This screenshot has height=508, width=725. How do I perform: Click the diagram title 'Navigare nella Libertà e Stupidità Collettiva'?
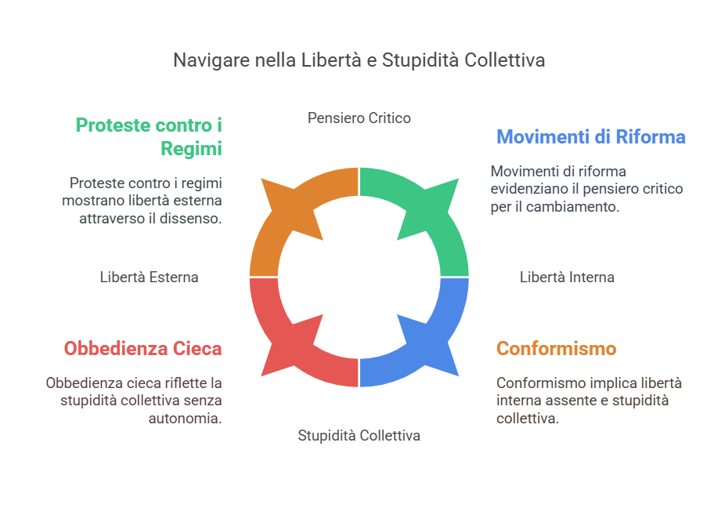359,60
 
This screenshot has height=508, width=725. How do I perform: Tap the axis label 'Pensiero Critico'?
359,118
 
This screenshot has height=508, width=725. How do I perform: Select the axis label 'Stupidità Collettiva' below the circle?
359,435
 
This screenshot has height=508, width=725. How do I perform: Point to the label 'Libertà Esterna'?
149,277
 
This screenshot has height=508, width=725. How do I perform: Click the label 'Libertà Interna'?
567,277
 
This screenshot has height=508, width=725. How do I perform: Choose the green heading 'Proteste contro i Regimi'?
149,136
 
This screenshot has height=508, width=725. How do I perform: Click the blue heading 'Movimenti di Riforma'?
591,137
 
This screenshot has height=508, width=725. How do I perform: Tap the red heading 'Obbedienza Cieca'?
142,348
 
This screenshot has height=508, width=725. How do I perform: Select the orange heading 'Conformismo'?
557,348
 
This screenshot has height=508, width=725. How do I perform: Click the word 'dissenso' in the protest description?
196,219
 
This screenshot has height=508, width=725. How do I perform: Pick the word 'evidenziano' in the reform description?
529,189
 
